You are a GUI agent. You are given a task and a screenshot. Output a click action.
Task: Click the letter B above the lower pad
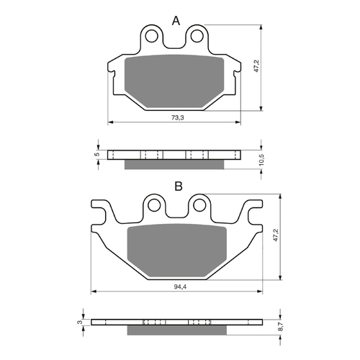178,186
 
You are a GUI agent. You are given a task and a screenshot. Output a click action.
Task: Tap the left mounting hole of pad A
152,35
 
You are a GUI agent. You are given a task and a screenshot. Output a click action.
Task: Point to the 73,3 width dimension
174,117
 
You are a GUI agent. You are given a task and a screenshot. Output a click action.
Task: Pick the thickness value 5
96,154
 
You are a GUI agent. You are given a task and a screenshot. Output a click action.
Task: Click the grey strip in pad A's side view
175,165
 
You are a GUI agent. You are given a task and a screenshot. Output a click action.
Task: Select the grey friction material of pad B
178,252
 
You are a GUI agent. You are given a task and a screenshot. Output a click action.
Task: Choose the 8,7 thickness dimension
281,325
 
